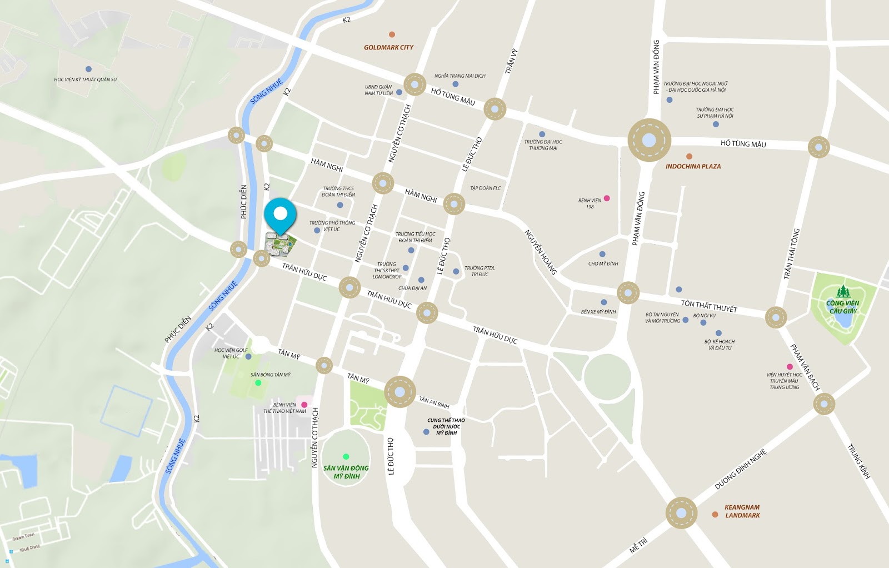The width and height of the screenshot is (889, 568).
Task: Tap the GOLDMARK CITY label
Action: point(388,48)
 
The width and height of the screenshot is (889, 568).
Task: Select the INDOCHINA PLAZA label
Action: point(693,166)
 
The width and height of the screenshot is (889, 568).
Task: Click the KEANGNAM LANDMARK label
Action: point(742,511)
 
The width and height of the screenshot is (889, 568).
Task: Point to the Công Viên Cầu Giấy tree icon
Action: point(843,291)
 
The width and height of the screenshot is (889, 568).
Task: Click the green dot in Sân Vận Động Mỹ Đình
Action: point(346,457)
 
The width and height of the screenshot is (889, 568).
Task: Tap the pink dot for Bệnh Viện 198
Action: point(607,198)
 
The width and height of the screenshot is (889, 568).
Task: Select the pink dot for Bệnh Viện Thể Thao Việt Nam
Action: point(304,405)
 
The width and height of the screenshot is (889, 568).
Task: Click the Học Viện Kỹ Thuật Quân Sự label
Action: point(86,79)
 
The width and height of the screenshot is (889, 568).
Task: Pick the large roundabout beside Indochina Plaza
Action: point(649,140)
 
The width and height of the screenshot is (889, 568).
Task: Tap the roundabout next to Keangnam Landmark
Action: point(681,512)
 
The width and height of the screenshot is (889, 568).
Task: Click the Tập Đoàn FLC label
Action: point(485,188)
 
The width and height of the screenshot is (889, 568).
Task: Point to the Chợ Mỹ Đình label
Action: point(603,263)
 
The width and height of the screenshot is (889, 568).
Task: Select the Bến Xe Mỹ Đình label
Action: point(598,312)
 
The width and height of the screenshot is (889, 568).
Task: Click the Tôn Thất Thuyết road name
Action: point(709,306)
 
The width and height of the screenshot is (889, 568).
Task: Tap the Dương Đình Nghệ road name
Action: point(740,470)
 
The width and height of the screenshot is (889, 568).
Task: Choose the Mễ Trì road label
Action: point(638,545)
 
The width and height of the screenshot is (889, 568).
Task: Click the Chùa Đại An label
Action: point(412,288)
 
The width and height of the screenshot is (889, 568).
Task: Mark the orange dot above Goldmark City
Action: point(392,34)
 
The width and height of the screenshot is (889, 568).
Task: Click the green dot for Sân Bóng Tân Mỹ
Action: point(258,383)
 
